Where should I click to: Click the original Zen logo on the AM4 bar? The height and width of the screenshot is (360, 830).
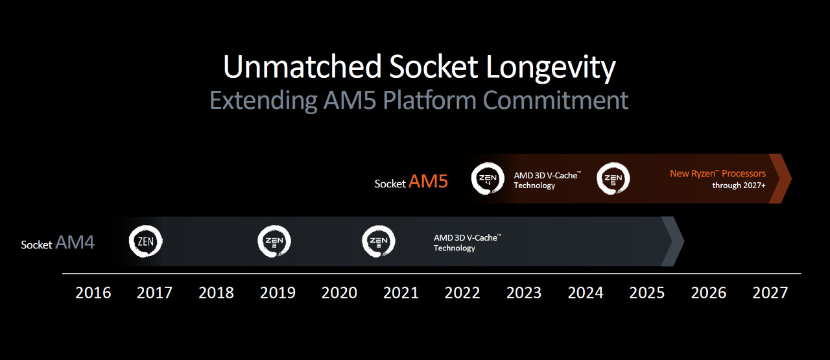tap(146, 241)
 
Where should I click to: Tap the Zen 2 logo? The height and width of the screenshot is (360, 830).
tap(274, 241)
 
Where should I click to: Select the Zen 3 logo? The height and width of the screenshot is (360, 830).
tap(378, 241)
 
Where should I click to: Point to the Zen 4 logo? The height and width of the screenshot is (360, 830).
tap(488, 178)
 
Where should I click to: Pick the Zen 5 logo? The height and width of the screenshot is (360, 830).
tap(613, 178)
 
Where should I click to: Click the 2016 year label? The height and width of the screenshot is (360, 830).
tap(93, 293)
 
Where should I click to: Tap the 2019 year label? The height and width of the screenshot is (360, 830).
tap(278, 293)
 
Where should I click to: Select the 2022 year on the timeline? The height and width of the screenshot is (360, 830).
tap(462, 293)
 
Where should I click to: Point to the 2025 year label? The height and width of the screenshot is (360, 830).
tap(646, 293)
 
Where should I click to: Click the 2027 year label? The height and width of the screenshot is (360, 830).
tap(770, 293)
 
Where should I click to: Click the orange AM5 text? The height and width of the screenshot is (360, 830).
tap(429, 182)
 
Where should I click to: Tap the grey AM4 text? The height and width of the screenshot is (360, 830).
tap(75, 243)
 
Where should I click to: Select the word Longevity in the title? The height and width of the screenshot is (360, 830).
tap(551, 68)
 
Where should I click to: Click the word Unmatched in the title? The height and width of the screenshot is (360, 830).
tap(302, 67)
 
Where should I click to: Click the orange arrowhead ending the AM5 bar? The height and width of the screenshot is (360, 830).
tap(780, 178)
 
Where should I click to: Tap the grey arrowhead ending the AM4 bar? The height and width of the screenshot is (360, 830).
tap(672, 241)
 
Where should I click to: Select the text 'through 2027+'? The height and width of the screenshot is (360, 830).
tap(739, 186)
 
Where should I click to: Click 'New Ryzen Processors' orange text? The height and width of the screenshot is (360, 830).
tap(718, 173)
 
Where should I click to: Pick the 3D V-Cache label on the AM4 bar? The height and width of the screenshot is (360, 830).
tap(468, 243)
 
